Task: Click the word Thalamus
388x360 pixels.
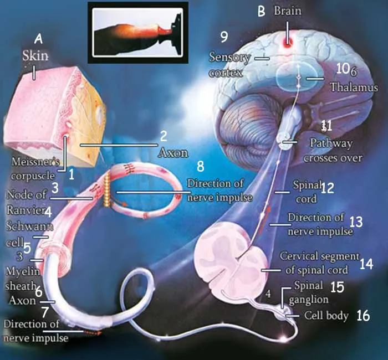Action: click(354, 88)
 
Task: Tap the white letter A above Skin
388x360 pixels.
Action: click(38, 39)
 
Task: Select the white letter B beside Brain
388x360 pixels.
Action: click(261, 12)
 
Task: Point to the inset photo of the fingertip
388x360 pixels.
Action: click(138, 32)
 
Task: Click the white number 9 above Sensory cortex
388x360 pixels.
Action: click(224, 37)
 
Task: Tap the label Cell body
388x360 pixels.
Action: click(326, 316)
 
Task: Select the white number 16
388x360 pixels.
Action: click(363, 316)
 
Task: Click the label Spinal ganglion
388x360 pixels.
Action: click(309, 292)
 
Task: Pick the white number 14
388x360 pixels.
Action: click(366, 264)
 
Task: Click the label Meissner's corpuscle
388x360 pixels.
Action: click(33, 169)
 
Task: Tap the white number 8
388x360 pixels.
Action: click(201, 167)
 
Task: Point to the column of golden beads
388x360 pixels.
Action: click(106, 190)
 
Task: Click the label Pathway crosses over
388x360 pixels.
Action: click(333, 150)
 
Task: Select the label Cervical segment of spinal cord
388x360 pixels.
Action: click(319, 263)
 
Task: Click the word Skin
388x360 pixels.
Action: click(35, 56)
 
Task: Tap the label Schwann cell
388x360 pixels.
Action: click(29, 234)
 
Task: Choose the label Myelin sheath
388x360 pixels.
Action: click(23, 279)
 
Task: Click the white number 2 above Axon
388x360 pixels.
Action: click(164, 136)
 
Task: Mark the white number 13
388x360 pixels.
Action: click(356, 222)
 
